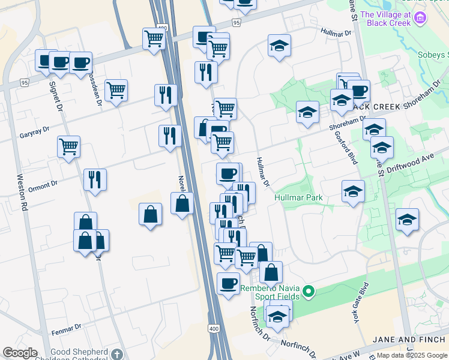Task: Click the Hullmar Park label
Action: tap(298, 197)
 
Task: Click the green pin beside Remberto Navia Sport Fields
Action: tap(309, 293)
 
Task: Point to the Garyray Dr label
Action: tap(34, 129)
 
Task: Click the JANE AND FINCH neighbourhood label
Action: tap(410, 339)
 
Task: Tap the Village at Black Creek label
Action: tap(385, 19)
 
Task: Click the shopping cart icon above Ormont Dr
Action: tap(69, 145)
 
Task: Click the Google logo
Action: tap(20, 353)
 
